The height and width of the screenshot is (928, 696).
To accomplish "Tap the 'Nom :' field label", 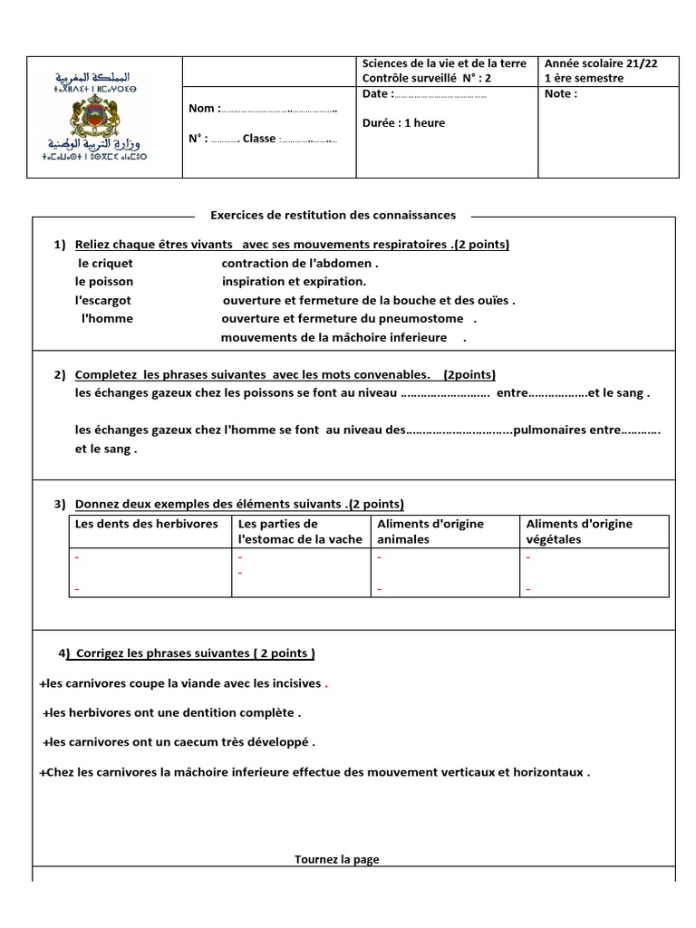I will (204, 109).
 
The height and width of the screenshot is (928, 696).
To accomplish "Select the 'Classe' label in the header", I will (259, 139).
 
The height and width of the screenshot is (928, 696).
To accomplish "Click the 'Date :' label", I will (378, 94).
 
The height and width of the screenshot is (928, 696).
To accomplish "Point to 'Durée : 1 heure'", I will (403, 123).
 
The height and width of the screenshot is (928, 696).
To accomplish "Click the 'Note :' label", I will (561, 93).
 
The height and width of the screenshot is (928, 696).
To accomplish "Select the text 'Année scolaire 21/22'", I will (601, 63).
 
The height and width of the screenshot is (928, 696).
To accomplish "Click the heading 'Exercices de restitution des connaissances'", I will (333, 215).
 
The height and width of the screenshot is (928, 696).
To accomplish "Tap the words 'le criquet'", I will (105, 264).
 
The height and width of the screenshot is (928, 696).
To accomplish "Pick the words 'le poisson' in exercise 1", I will (104, 281).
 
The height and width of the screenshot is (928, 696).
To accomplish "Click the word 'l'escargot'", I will (103, 300).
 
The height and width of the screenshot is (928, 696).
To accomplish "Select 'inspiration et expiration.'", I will (281, 281).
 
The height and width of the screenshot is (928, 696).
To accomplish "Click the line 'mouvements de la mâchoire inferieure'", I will (334, 337).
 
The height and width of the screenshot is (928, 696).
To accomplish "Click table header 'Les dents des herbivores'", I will (147, 524).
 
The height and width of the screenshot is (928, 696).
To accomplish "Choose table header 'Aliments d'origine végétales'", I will (579, 531).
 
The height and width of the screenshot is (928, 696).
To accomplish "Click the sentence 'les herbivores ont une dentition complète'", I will (172, 712).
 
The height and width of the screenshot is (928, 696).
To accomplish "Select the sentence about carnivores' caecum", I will (179, 742).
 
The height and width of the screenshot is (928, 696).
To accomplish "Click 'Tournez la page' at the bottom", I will (337, 859).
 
